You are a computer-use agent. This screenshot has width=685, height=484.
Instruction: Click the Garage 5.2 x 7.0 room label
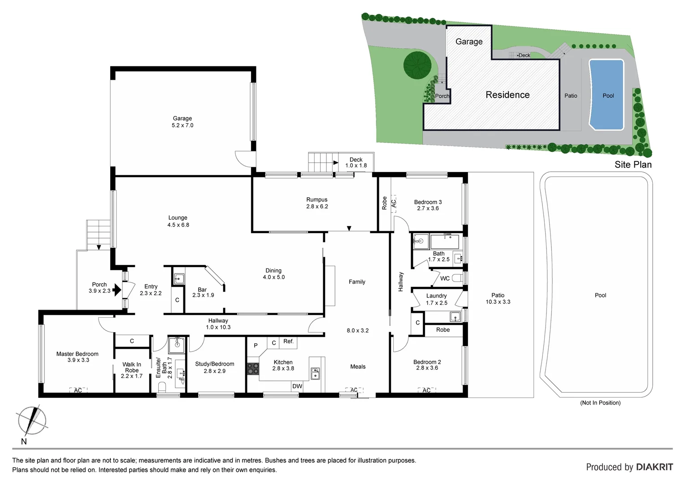(x=182, y=122)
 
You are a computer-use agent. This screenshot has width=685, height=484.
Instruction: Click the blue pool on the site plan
(x=606, y=95)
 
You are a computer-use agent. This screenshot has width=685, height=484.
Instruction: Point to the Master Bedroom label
(x=78, y=357)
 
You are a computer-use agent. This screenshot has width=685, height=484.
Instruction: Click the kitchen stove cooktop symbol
(x=253, y=368)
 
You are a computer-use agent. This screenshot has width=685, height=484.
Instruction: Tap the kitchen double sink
(x=316, y=373)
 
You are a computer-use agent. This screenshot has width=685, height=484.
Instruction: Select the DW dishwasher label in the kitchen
(x=297, y=386)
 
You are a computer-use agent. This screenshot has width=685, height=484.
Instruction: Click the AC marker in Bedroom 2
(x=426, y=390)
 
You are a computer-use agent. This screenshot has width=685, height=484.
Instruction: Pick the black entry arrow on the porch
(x=117, y=290)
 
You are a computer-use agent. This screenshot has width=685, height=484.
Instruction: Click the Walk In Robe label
(x=132, y=370)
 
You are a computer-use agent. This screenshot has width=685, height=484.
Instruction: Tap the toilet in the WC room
(x=457, y=278)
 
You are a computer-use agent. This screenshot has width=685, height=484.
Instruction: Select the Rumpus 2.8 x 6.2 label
(x=317, y=203)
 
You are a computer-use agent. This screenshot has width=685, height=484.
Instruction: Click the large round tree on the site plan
(x=417, y=65)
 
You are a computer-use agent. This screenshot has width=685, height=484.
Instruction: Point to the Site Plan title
(x=633, y=164)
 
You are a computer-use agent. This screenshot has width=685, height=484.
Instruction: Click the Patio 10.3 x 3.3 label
(x=498, y=298)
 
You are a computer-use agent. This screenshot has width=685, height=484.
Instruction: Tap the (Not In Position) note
(x=600, y=403)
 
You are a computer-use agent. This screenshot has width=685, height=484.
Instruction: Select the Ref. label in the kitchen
(x=288, y=341)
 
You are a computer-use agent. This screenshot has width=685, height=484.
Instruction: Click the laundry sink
(x=455, y=317)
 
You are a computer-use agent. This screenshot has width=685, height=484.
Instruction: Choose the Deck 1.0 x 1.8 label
(x=356, y=162)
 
